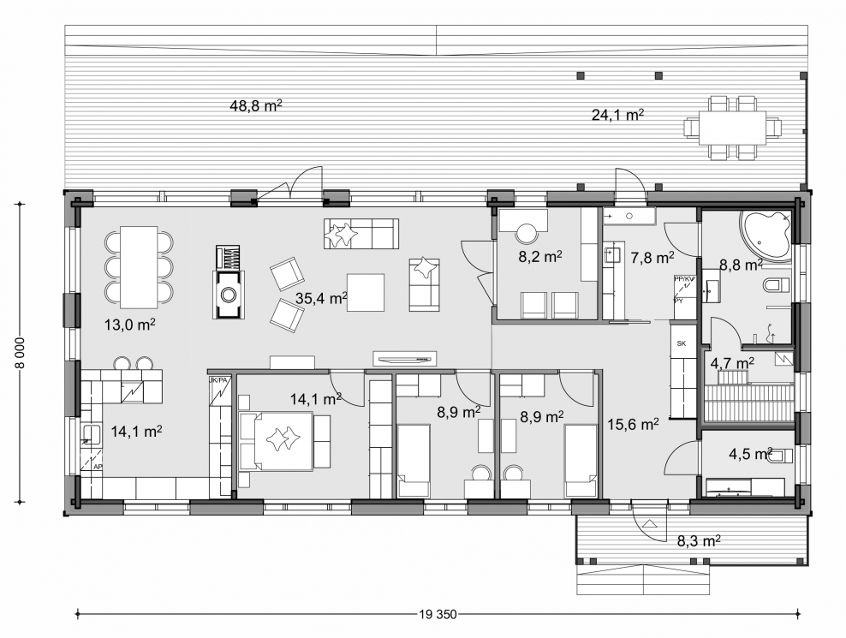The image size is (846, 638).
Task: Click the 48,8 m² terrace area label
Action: click(256, 106)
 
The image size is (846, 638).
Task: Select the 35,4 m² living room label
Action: click(320, 298)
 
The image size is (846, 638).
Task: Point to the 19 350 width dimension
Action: click(438, 614)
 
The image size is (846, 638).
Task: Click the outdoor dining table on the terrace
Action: click(733, 128)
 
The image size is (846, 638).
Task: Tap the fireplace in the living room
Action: click(229, 293)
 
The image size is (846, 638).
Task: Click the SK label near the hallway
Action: click(682, 343)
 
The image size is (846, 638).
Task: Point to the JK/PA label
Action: click(219, 379)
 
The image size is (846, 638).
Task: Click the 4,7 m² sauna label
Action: click(732, 363)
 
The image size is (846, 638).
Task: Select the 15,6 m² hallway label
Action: click(632, 423)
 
